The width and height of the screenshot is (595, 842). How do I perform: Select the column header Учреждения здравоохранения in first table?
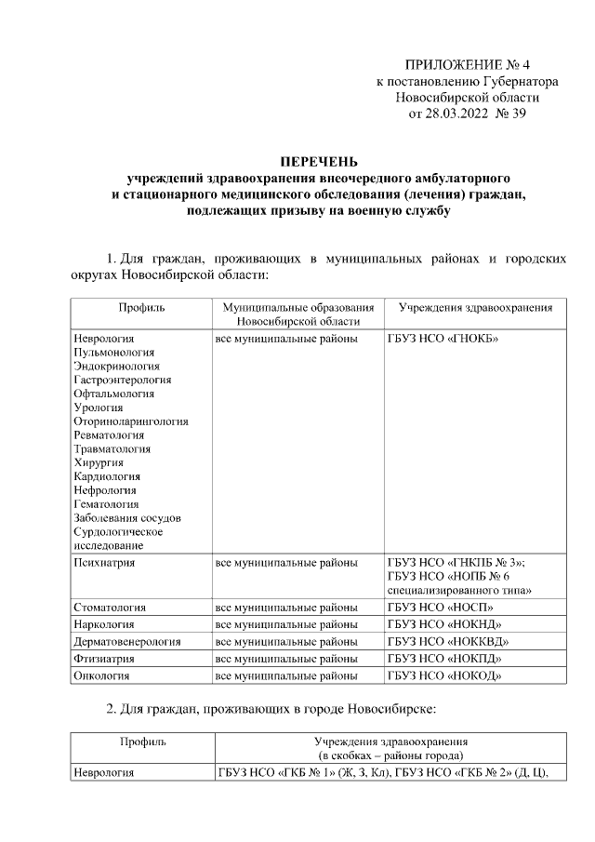coord(475,307)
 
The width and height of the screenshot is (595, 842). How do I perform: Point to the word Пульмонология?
coord(113,353)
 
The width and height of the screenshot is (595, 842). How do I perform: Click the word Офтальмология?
coord(112,394)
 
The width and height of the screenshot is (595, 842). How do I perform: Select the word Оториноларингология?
coord(130,421)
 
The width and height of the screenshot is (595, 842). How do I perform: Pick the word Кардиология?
coord(107,475)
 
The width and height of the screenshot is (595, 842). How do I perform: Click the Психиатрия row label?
coord(104,562)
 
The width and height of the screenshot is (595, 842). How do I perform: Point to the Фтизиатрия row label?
coord(104,659)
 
